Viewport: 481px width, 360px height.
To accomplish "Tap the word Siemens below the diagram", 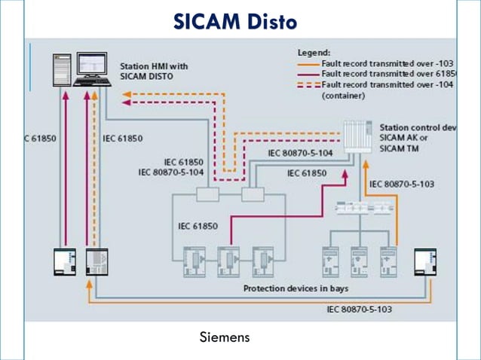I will click(224, 336).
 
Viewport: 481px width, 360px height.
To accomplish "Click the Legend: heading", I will click(313, 53).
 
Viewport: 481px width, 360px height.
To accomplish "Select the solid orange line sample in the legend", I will click(305, 63).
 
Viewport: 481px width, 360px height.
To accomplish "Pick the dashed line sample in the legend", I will click(305, 85).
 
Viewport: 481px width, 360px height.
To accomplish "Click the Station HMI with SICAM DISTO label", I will click(154, 71).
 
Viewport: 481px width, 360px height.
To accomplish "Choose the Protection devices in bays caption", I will click(296, 288).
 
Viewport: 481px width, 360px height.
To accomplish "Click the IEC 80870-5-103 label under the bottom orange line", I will click(358, 309).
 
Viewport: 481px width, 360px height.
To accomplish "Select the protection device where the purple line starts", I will click(228, 260).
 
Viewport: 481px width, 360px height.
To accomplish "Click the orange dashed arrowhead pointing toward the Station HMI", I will click(126, 95).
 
